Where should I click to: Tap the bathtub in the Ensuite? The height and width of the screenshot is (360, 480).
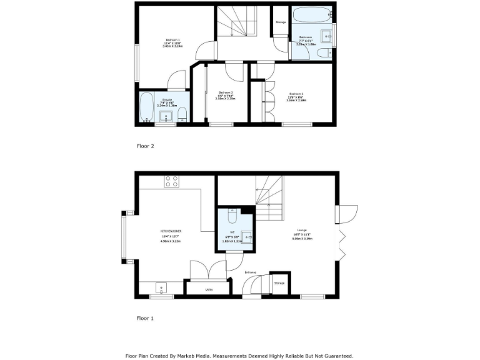pos(147,107)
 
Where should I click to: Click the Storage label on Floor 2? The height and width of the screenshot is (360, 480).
pos(281,22)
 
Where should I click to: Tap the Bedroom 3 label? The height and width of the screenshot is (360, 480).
pos(226,92)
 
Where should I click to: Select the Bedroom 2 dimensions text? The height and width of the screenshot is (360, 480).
pos(296,99)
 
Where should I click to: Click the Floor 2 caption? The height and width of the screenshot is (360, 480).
pos(145,146)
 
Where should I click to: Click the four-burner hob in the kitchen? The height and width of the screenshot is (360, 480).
pos(171,182)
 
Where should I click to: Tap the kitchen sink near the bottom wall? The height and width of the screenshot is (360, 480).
pos(161,289)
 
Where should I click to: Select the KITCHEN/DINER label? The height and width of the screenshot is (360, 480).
pos(171,231)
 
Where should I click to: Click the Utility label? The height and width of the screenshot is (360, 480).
pos(209,289)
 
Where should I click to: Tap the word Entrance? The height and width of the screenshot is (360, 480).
pos(251,272)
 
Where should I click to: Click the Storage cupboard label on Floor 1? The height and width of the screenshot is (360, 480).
pos(279,283)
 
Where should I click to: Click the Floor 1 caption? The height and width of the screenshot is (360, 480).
pos(145,318)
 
